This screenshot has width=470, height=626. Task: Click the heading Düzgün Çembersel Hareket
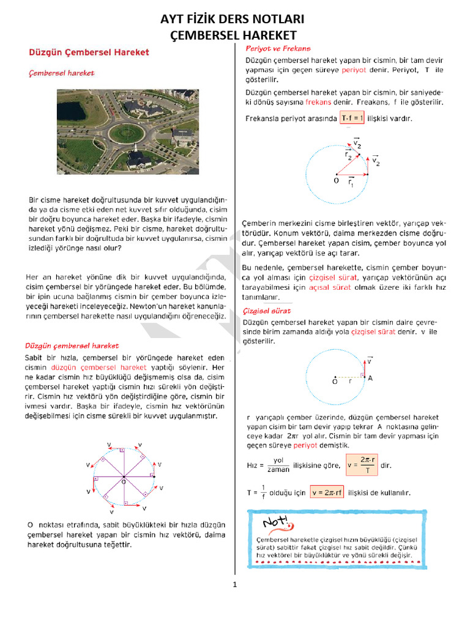coord(89,53)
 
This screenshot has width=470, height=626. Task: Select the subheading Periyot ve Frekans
coord(278,48)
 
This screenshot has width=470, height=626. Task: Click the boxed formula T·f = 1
coord(352,118)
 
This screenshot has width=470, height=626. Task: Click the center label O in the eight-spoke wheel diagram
coord(124,482)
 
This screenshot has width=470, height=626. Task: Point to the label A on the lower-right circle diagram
coord(370,378)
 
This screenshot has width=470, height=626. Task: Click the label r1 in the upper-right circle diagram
coord(351,182)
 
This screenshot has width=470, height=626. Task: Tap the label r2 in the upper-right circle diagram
coord(348,156)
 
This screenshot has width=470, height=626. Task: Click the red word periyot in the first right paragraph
coord(354,70)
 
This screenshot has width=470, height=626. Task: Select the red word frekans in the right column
coord(318,101)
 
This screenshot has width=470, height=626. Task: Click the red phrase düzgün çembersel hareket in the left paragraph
coord(99,367)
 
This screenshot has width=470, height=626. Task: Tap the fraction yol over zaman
coord(278,465)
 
